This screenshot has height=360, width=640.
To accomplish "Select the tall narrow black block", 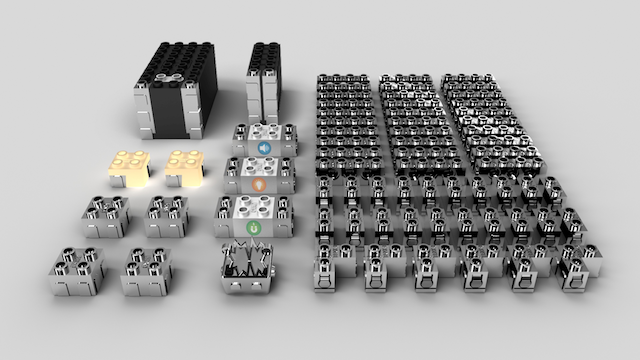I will tap(264, 85).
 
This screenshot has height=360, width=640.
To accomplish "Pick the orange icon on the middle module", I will tap(258, 185).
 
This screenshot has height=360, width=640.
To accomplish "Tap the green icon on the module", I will tap(255, 227).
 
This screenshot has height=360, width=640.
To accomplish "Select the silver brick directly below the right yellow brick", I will tap(167, 214).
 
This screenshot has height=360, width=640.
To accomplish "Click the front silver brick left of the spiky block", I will tap(146, 271).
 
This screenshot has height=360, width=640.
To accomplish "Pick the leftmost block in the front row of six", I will tap(330, 268).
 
